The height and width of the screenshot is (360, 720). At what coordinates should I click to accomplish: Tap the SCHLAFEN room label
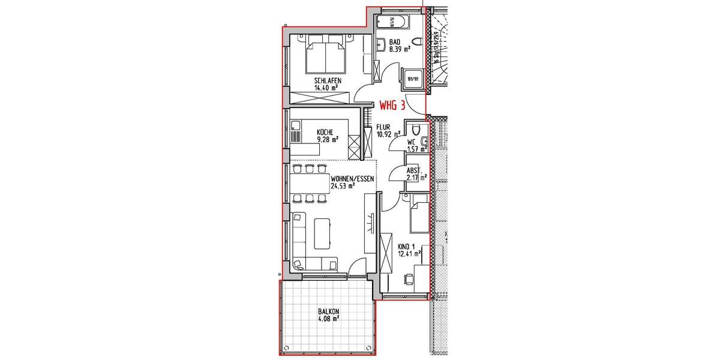pyautogui.click(x=328, y=80)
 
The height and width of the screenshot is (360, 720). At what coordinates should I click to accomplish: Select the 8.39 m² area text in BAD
pyautogui.click(x=399, y=50)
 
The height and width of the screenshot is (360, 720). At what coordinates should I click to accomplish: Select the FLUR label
pyautogui.click(x=383, y=128)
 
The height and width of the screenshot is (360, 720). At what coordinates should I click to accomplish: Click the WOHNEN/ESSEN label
pyautogui.click(x=353, y=178)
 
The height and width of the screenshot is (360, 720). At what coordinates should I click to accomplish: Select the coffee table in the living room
pyautogui.click(x=323, y=233)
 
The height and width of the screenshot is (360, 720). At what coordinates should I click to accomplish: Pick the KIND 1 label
pyautogui.click(x=406, y=246)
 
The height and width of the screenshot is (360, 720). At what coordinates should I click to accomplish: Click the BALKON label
pyautogui.click(x=328, y=311)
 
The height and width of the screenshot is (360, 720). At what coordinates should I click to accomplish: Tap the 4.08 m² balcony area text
pyautogui.click(x=328, y=319)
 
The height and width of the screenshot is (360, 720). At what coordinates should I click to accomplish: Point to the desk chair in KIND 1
pyautogui.click(x=409, y=279)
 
